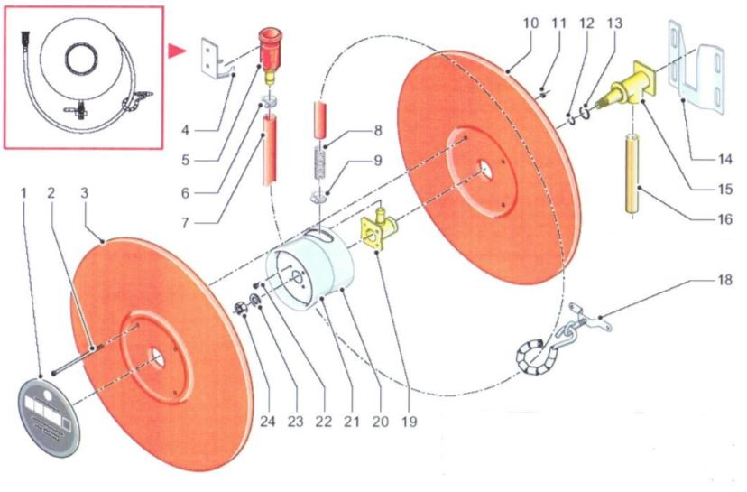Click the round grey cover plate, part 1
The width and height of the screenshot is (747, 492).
point(50,413)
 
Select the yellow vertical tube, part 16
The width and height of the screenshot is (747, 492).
point(631,175)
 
